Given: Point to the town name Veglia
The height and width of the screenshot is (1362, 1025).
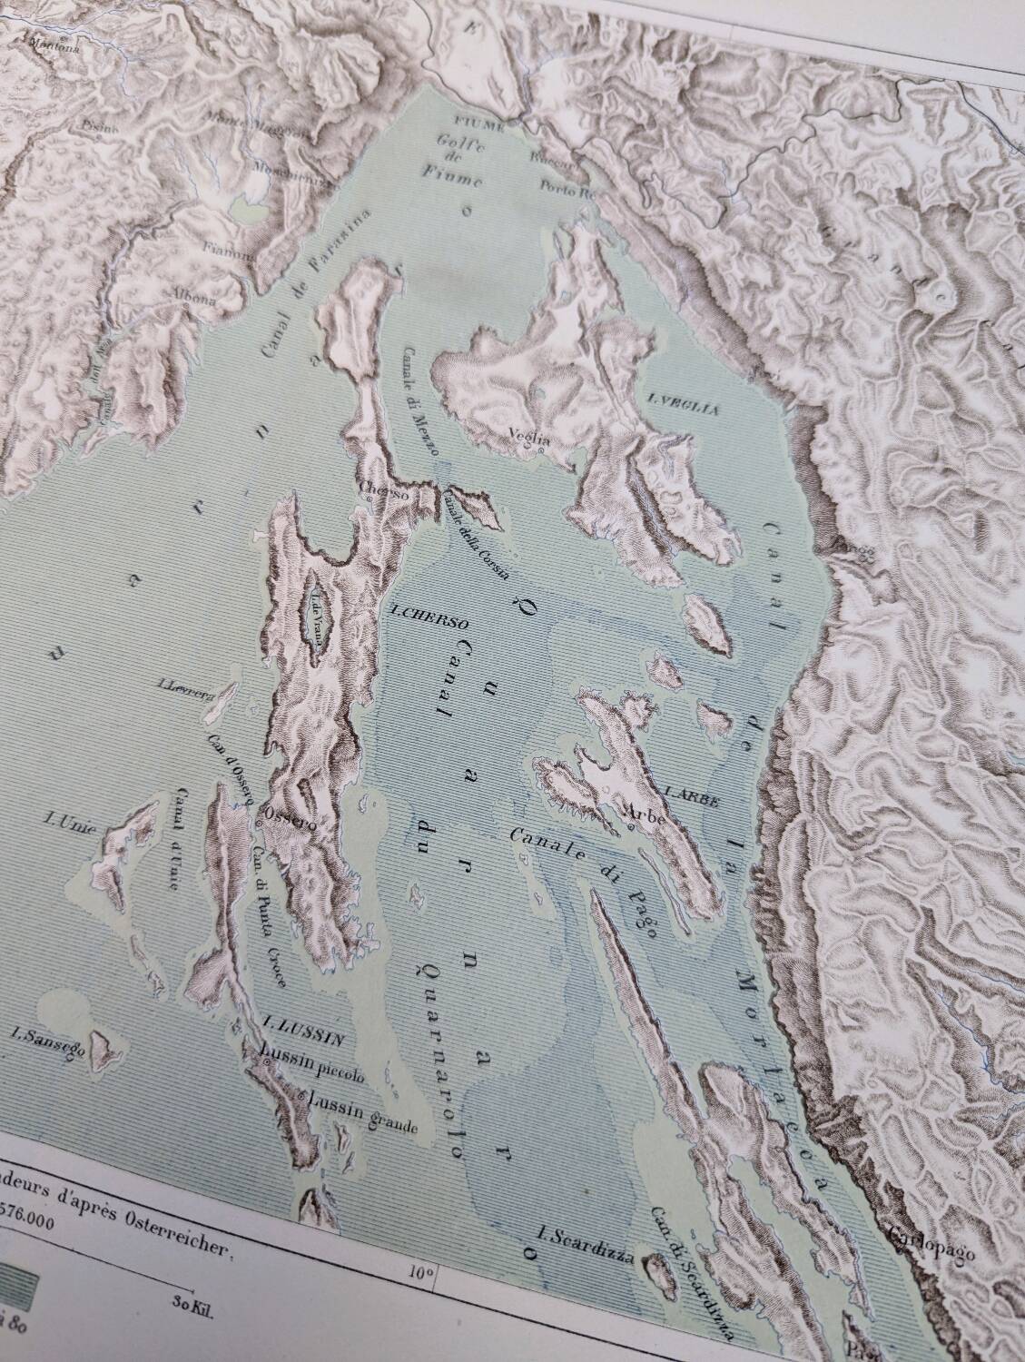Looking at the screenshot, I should (531, 432).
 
